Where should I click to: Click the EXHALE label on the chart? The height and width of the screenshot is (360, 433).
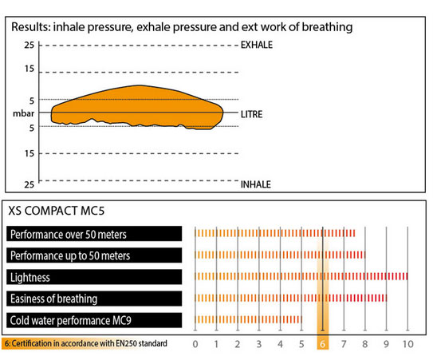coord(257,45)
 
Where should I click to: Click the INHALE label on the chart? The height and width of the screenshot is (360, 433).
coord(256,184)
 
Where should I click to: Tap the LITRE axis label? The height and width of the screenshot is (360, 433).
coord(251,114)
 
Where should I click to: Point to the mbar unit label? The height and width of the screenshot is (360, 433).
coord(23,113)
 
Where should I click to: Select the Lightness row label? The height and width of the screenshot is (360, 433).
coord(30,277)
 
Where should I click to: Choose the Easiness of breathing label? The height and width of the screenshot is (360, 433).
coord(54,299)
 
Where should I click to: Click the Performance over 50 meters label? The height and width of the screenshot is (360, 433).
coord(69,235)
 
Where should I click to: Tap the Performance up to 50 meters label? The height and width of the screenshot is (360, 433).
coord(70,255)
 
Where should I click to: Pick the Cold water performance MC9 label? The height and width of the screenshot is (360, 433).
coord(71,320)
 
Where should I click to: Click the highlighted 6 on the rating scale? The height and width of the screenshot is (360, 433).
coord(322,344)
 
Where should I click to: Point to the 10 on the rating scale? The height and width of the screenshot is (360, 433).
coord(407,344)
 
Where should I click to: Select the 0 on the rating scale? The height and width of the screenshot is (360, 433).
coord(195,344)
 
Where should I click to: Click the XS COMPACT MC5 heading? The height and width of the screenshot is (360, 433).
coord(57,211)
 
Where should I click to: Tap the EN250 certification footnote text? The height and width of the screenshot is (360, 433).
coord(86,343)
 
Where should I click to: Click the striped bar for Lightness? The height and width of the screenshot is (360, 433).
coord(301,276)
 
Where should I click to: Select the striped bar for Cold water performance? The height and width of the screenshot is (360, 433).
coord(248,319)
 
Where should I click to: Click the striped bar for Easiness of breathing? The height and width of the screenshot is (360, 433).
coord(290,298)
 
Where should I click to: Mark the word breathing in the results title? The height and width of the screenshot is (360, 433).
coord(327,27)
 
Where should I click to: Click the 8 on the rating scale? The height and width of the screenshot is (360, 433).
coord(365,344)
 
